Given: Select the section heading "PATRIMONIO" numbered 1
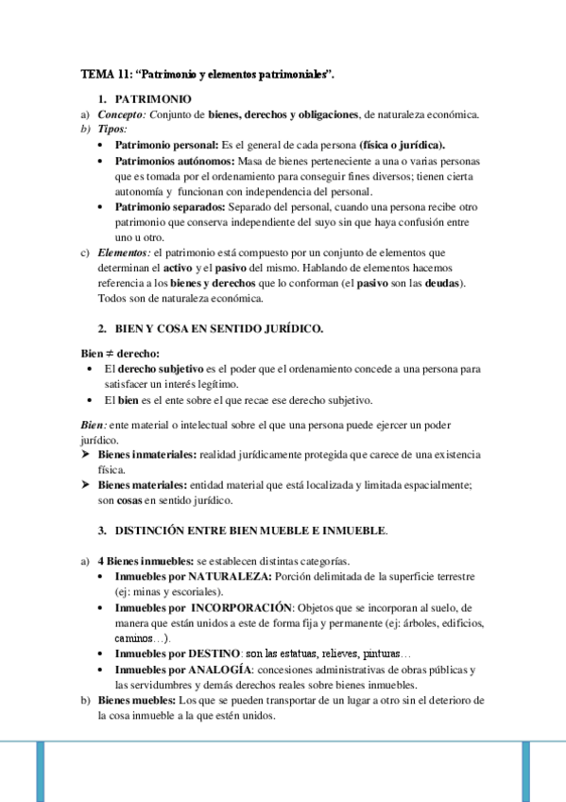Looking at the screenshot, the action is (x=153, y=98).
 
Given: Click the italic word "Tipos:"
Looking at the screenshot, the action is (x=112, y=129).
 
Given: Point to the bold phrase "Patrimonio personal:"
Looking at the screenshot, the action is (x=165, y=146).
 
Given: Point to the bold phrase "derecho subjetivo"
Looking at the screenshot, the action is (x=157, y=367).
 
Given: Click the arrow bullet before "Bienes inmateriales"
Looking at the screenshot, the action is (x=86, y=455).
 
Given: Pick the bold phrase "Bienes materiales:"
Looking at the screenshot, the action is (x=142, y=484).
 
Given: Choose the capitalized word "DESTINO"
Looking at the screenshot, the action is (x=214, y=654).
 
